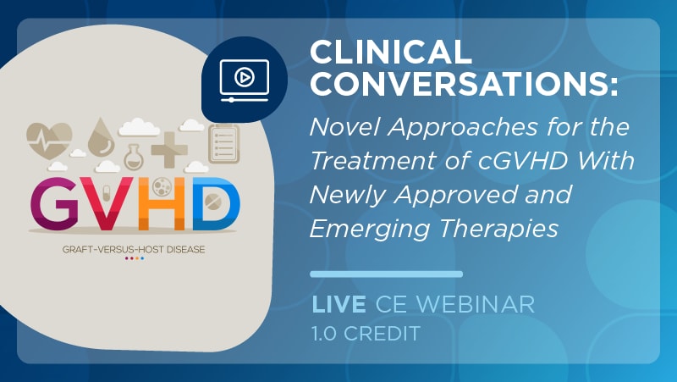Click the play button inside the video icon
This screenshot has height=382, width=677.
tap(245, 77)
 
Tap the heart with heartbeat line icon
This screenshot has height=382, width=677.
tap(49, 140)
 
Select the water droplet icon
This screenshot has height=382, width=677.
tap(101, 137)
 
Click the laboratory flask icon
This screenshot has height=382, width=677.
tap(135, 157)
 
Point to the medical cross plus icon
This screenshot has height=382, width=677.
tap(169, 150)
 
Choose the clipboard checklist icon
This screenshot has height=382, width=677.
tap(224, 144)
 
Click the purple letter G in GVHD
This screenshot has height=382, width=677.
tap(54, 203)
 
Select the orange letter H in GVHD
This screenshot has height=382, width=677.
tap(162, 203)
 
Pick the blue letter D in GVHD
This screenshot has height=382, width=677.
tap(216, 203)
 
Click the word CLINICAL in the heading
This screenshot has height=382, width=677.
tap(390, 52)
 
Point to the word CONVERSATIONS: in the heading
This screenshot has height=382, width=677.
tap(464, 84)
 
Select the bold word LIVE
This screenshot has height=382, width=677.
tap(339, 304)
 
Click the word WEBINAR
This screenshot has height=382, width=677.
tap(476, 304)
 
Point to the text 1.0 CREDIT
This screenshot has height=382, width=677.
tap(366, 333)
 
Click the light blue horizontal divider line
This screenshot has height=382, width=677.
tap(387, 274)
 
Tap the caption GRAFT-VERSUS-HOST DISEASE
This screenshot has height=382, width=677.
tap(134, 249)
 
